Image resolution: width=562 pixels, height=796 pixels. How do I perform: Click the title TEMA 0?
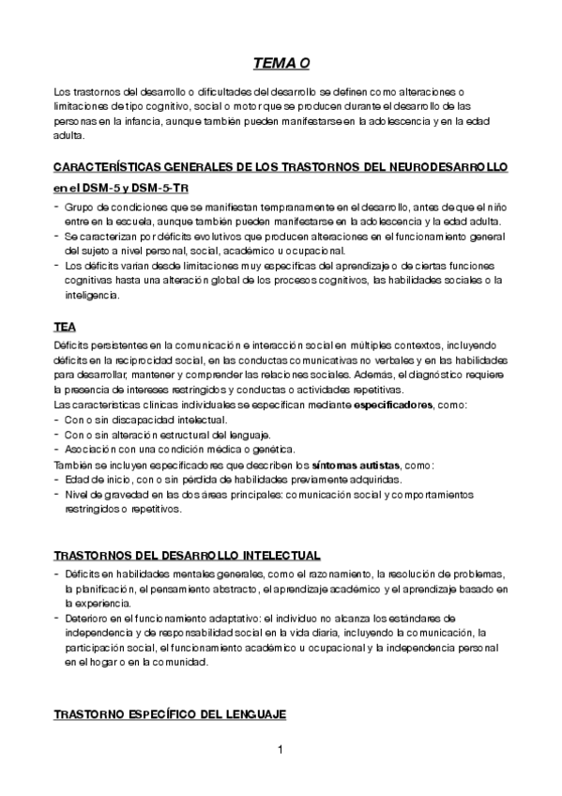[281, 64]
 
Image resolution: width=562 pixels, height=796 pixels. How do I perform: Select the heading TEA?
[65, 328]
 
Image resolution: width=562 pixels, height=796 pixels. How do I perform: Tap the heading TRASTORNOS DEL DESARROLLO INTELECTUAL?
[188, 555]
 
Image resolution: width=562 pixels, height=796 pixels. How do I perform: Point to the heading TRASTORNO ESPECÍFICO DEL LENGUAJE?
[170, 714]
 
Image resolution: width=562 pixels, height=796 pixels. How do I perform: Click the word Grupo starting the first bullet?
[80, 207]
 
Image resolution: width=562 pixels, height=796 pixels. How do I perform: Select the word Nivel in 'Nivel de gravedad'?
[77, 495]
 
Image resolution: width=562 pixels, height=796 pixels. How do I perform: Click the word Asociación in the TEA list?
[90, 450]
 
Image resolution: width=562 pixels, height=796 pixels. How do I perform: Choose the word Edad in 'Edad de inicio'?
[77, 480]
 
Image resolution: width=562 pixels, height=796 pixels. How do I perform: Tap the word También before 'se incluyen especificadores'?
[77, 465]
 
